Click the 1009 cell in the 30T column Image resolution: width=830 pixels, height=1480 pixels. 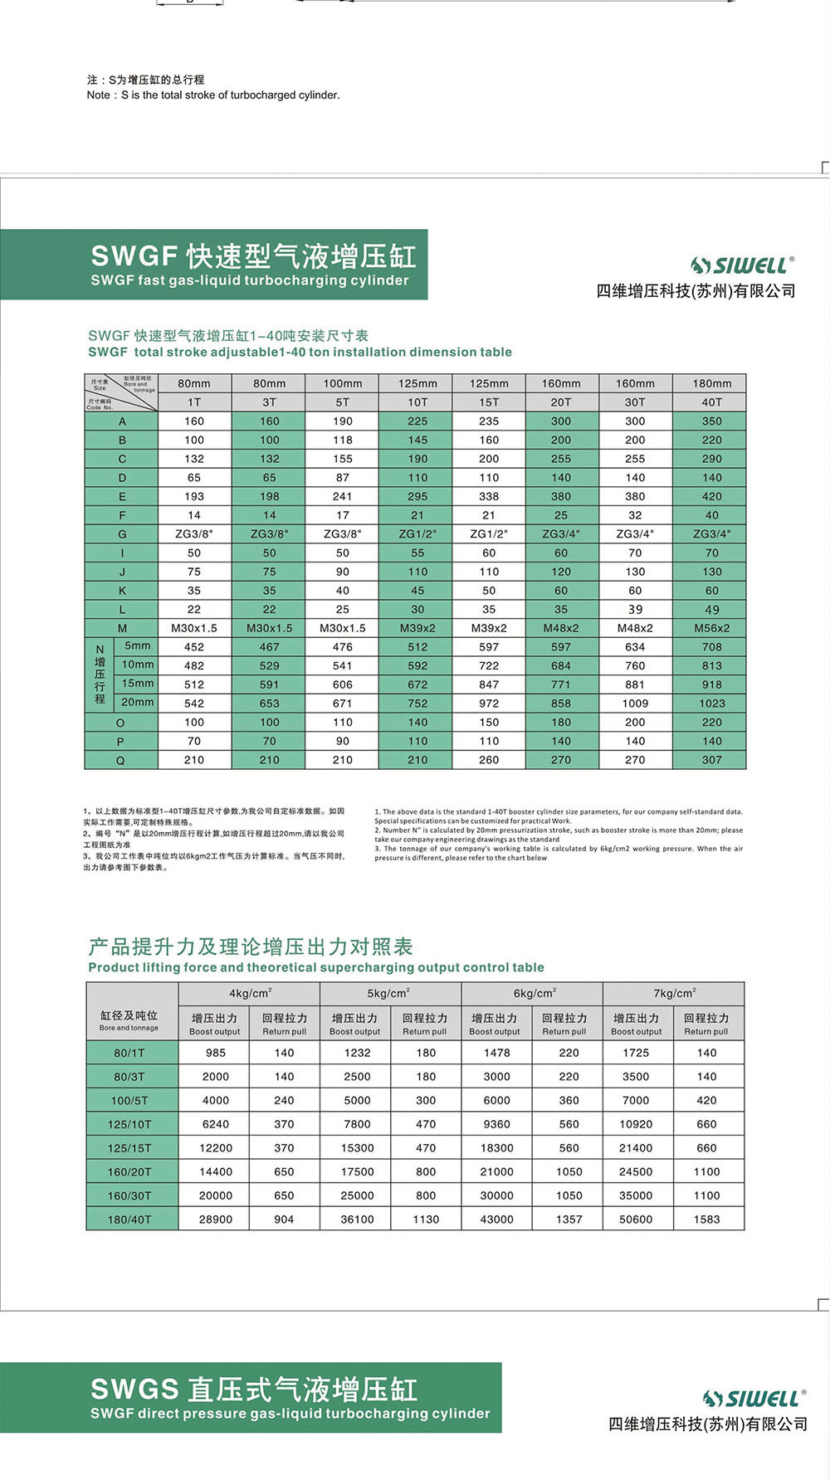635,703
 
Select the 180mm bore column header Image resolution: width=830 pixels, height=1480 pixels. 711,383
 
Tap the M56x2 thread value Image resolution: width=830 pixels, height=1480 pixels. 711,628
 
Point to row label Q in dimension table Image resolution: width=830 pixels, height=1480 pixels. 121,760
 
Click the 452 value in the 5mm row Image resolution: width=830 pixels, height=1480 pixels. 193,646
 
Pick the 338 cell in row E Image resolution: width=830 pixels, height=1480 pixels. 489,496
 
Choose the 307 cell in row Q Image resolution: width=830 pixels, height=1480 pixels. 711,760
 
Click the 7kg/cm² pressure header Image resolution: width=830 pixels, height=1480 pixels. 673,993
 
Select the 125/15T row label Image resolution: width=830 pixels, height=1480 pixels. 129,1148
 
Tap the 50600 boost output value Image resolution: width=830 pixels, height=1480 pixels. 636,1220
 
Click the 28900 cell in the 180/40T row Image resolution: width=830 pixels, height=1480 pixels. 215,1220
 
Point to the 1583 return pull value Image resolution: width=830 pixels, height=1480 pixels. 706,1220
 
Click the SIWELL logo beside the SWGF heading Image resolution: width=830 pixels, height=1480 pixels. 743,265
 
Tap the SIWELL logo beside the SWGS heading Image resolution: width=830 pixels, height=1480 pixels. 754,1399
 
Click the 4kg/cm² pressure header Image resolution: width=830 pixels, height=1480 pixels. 250,993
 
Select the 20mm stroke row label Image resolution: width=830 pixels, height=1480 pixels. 138,702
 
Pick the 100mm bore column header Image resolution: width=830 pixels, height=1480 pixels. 342,383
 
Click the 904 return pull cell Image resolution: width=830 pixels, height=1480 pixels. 284,1220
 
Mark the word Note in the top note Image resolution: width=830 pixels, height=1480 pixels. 98,95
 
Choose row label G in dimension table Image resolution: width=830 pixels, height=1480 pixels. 121,534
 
